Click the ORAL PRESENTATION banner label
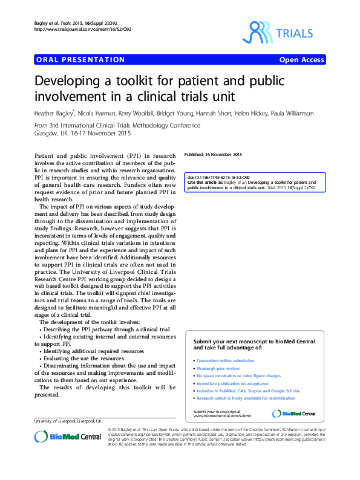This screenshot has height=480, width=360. (80, 60)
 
